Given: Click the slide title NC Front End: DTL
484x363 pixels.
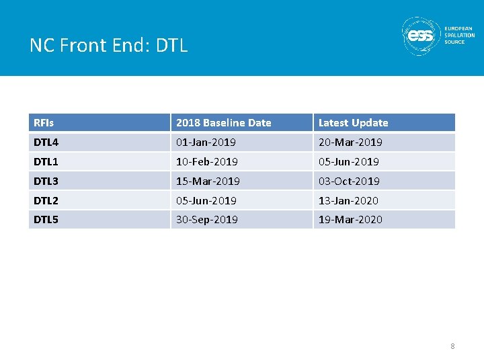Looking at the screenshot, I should point(108,45).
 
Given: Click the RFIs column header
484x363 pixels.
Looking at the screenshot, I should point(44,123).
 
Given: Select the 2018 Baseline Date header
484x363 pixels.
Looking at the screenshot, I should point(223,123).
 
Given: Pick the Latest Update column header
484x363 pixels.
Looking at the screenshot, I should point(353,123).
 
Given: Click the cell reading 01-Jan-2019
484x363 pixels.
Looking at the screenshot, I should point(206,143).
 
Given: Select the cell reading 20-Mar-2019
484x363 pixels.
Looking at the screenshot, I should point(350,143).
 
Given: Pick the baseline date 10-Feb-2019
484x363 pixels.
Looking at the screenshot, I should point(206,162).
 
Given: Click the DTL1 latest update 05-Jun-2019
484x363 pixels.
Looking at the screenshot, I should point(348,162).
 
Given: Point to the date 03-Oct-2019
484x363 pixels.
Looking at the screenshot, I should point(349,182).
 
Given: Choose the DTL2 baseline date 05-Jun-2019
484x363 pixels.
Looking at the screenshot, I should point(206,201).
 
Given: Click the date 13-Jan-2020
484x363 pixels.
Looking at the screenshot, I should point(348,201).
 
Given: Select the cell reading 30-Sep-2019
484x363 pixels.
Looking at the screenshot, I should point(206,220).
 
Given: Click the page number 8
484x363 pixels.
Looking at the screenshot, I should point(452,346).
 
